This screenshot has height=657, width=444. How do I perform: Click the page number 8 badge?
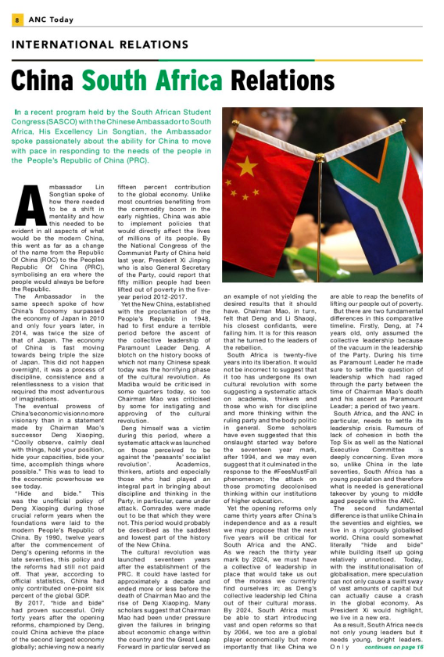tap(16, 19)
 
